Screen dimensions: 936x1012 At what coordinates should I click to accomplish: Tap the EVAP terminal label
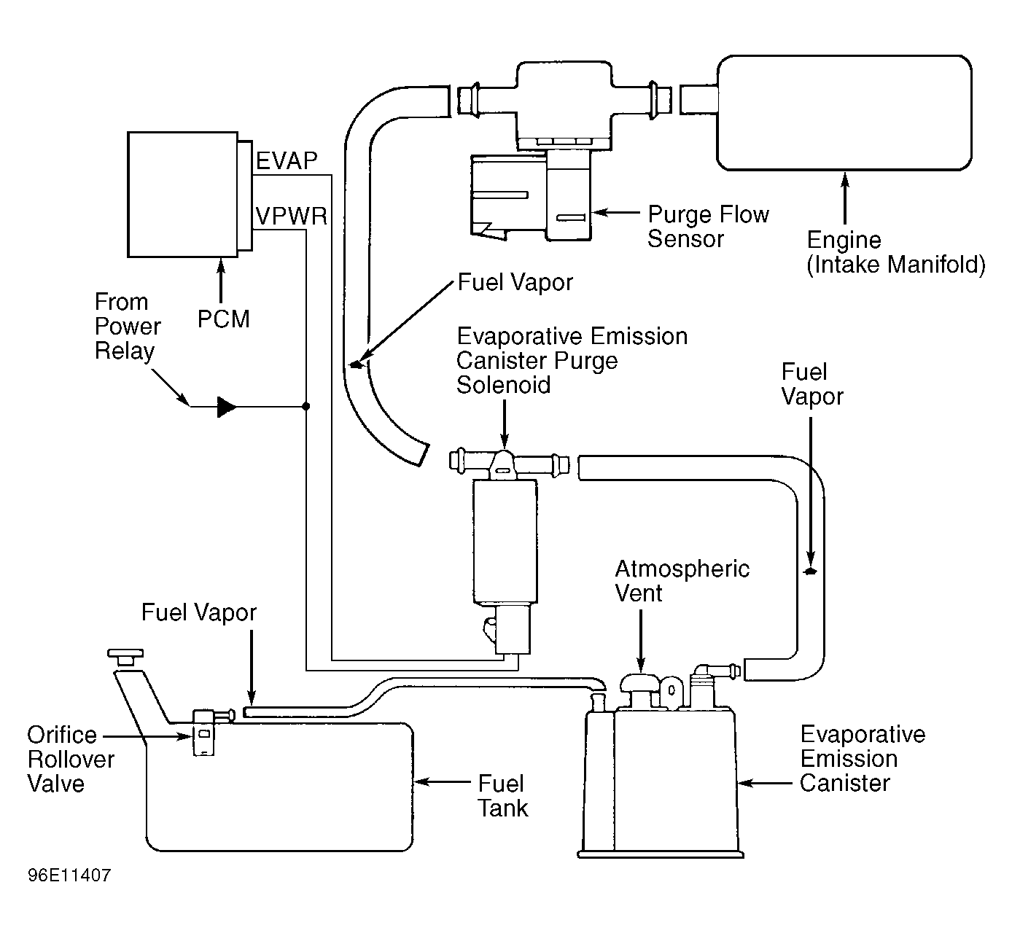pos(287,161)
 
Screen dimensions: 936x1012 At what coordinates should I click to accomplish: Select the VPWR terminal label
pos(291,217)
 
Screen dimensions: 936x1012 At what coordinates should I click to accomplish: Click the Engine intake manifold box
pos(844,112)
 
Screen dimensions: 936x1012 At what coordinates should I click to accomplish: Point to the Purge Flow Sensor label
pos(708,227)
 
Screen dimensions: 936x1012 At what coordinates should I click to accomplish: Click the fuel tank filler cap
pos(125,656)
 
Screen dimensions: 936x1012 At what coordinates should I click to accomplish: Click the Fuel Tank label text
pos(502,795)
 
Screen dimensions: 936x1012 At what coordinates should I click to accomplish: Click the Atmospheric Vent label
pos(682,581)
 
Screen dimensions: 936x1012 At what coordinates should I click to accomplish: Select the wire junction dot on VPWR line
pos(305,406)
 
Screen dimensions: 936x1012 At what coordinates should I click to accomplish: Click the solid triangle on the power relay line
pos(227,407)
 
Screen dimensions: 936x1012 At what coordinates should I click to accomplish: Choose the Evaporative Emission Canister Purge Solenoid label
pos(572,360)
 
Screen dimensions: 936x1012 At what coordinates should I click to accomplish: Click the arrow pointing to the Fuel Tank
pos(442,782)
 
